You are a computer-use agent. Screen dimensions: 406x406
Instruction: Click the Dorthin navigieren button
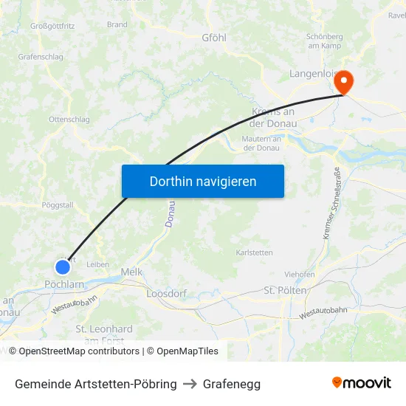pyautogui.click(x=202, y=181)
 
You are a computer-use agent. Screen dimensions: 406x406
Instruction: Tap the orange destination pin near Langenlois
pyautogui.click(x=343, y=83)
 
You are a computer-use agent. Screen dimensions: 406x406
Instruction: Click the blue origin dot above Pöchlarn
pyautogui.click(x=63, y=266)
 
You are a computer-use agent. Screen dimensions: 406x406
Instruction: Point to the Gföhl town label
pyautogui.click(x=214, y=37)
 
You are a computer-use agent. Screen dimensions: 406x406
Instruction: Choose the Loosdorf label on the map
pyautogui.click(x=167, y=293)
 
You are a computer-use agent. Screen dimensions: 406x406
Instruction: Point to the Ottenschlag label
pyautogui.click(x=69, y=119)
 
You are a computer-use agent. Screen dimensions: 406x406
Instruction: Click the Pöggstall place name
pyautogui.click(x=58, y=205)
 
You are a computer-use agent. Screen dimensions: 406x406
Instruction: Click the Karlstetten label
pyautogui.click(x=254, y=252)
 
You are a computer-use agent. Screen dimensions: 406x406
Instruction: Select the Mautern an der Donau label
pyautogui.click(x=261, y=143)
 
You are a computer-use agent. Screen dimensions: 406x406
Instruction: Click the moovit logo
pyautogui.click(x=362, y=382)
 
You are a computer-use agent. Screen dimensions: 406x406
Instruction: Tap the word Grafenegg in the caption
pyautogui.click(x=232, y=384)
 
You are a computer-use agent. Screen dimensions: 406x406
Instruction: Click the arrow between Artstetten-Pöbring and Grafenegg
pyautogui.click(x=190, y=384)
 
